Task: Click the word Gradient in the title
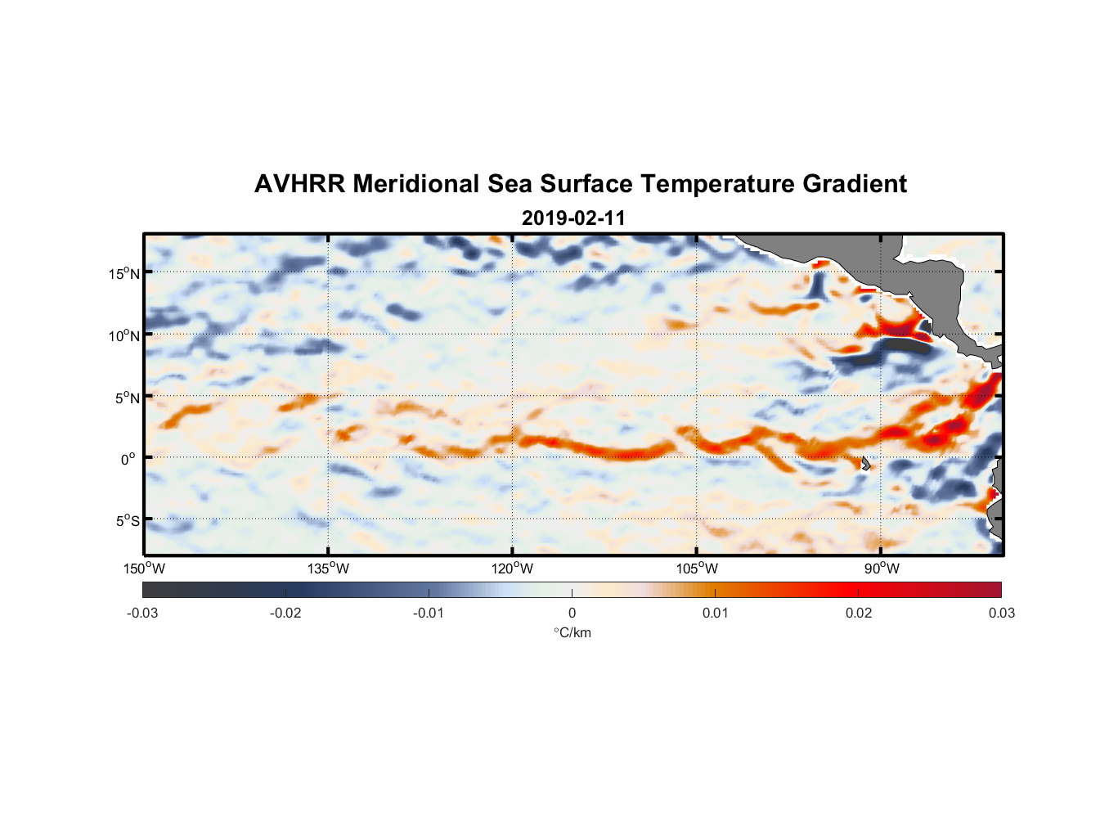coord(854,184)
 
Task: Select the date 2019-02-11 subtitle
coord(573,218)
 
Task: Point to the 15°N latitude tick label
coord(124,273)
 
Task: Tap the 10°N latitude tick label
coord(124,335)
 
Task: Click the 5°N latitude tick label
coord(127,398)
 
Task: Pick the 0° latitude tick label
coord(128,459)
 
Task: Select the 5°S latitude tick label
coord(127,521)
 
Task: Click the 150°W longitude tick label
coord(145,569)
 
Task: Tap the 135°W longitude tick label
coord(329,569)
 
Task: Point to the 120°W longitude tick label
coord(513,569)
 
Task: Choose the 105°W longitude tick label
coord(697,569)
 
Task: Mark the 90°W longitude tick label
coord(882,569)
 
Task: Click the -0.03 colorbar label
coord(142,613)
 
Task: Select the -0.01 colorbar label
coord(429,613)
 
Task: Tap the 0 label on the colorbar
coord(572,613)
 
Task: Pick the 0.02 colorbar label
coord(859,613)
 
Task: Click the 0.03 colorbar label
coord(1001,613)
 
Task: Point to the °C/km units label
coord(572,632)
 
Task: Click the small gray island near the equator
coord(865,463)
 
